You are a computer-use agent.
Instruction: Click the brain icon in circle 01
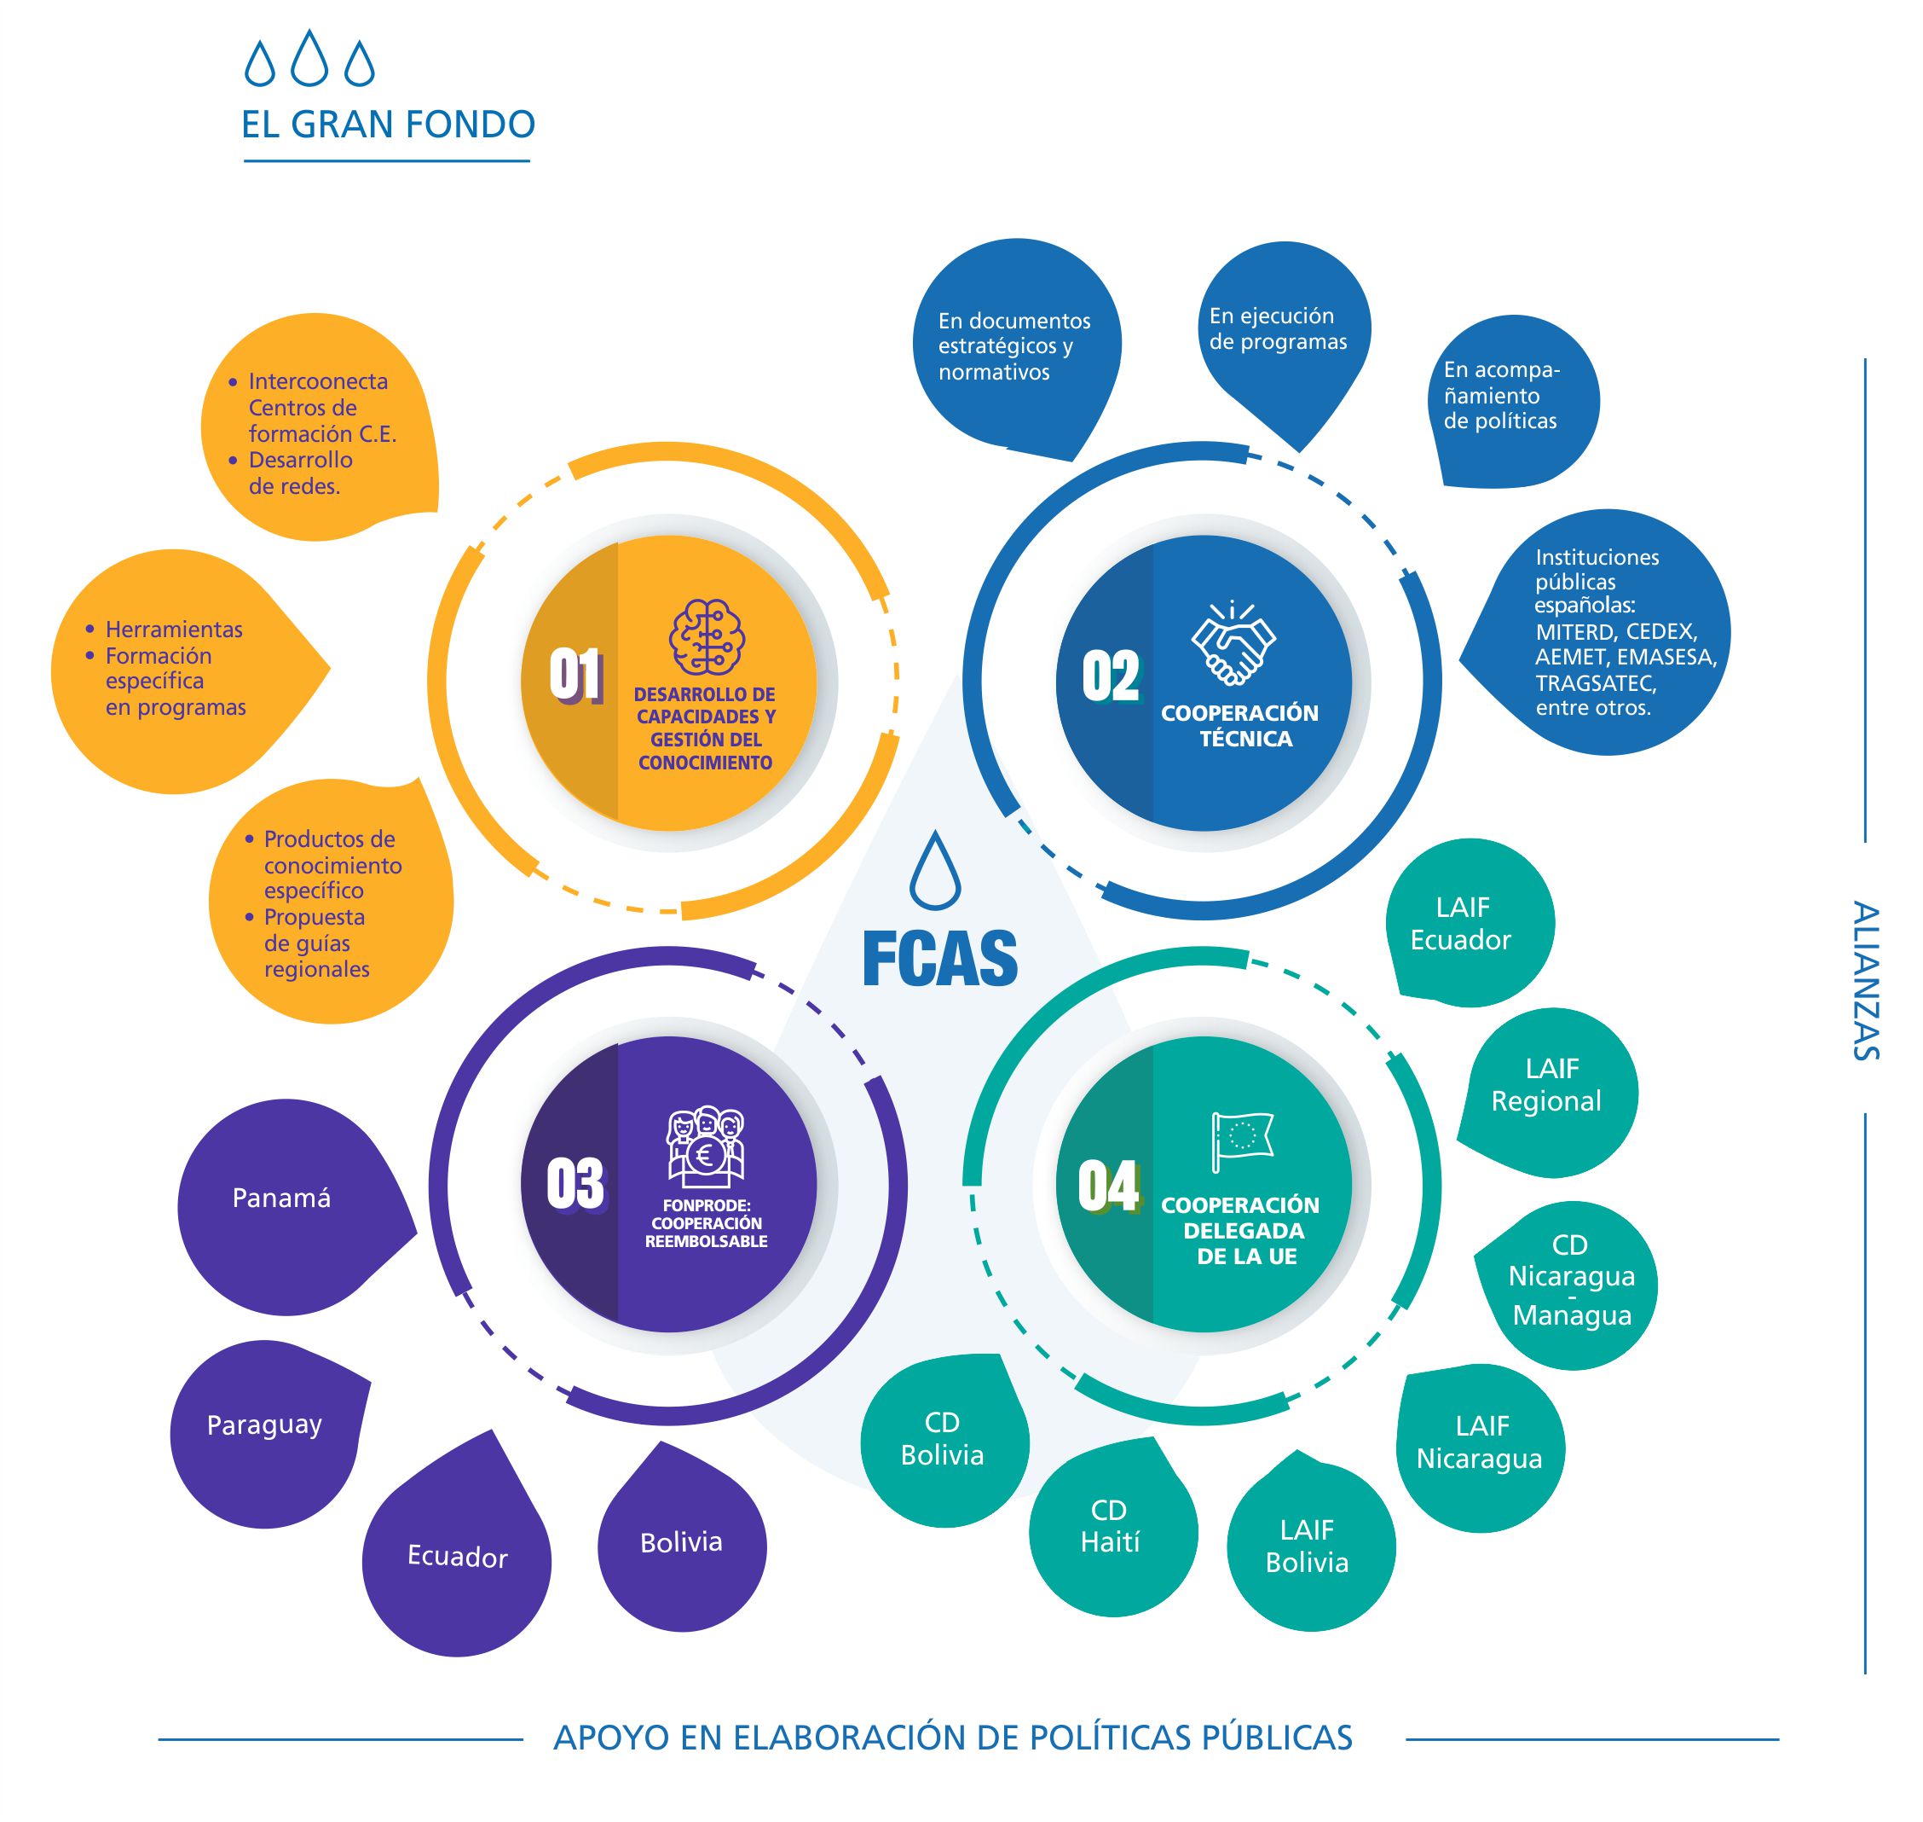tap(706, 637)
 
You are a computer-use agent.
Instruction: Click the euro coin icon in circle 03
tap(705, 1155)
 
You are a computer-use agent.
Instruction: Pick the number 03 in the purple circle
tap(575, 1184)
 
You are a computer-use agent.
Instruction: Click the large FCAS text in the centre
tap(939, 959)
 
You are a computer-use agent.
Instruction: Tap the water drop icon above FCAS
tap(935, 871)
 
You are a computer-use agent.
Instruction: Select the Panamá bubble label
tap(281, 1198)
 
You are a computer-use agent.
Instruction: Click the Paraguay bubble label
tap(264, 1425)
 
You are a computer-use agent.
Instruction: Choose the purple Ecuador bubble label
tap(457, 1558)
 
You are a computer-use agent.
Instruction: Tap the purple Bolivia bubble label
tap(681, 1542)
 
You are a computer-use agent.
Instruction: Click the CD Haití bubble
tap(1111, 1527)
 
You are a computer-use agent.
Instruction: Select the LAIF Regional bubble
tap(1546, 1085)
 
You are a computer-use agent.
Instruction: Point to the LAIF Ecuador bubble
tap(1461, 924)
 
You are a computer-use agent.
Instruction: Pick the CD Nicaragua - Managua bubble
tap(1572, 1280)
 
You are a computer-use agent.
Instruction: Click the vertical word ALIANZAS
tap(1865, 980)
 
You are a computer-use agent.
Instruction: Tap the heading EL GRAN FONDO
tap(389, 125)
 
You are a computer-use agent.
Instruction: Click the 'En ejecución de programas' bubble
tap(1278, 328)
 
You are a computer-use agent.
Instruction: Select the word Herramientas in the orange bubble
tap(174, 630)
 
